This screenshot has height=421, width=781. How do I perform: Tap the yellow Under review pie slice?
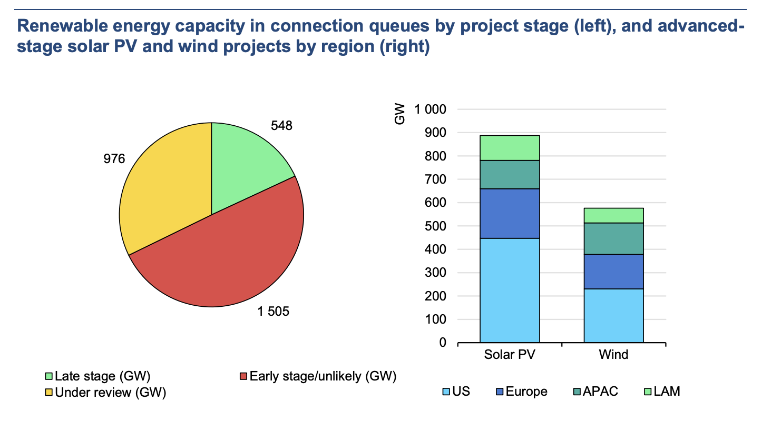163,189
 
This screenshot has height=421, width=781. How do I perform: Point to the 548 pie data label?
281,126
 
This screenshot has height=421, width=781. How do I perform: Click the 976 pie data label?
114,158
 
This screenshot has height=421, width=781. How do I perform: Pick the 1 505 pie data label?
274,312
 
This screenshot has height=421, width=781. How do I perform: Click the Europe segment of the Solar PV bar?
510,213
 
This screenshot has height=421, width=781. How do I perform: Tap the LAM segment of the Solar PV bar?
510,148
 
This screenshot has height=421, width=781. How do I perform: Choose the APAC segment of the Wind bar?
613,238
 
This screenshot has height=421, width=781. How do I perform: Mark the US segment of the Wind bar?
613,316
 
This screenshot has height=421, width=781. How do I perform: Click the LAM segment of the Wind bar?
613,215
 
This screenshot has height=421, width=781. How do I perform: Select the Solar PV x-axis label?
510,355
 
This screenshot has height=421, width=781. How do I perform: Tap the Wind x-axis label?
613,355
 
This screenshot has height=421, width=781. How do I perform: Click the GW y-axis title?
401,115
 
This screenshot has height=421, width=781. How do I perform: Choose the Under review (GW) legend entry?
106,393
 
